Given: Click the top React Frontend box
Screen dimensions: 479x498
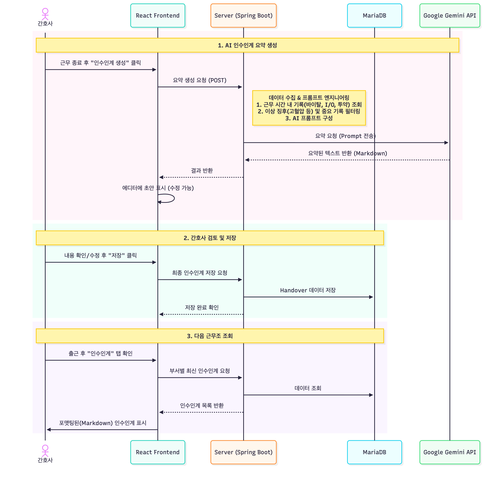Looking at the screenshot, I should point(158,16).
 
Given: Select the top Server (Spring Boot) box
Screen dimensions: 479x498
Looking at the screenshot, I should point(243,16).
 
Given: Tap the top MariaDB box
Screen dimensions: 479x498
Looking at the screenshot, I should point(374,16).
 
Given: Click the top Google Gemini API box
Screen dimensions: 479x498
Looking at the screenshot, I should point(450,16).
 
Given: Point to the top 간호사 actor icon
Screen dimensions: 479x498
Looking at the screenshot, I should point(45,14).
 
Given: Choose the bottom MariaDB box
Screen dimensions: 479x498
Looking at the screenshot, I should point(374,452).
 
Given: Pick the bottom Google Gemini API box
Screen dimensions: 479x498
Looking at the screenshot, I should point(450,452).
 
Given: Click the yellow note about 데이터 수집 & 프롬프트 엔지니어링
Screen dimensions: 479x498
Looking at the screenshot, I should point(309,108).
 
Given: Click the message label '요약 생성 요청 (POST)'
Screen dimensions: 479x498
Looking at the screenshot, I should point(199,80).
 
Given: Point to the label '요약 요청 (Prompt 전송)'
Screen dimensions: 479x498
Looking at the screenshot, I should point(345,136).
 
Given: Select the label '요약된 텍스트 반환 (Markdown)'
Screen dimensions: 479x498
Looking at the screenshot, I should point(347,153).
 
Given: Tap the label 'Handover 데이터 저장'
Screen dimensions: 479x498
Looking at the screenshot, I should point(308,290).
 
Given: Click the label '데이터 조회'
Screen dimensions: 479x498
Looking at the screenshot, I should point(308,388).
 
